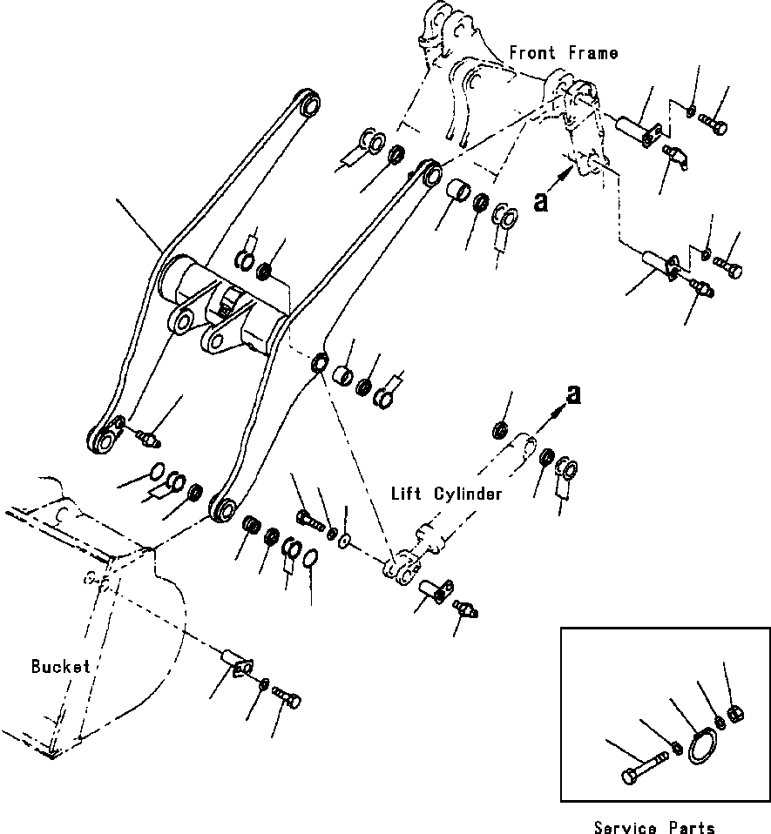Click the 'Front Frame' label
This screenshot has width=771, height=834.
point(564,53)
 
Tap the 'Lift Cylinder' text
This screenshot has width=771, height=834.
point(446,494)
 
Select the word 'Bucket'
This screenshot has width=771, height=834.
point(60,667)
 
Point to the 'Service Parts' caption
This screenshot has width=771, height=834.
point(654,825)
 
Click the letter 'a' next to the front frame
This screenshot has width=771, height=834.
point(542,201)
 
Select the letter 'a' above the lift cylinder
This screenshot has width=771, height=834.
point(573,396)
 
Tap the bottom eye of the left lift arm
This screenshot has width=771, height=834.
point(104,440)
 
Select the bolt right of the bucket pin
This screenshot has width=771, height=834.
point(289,696)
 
